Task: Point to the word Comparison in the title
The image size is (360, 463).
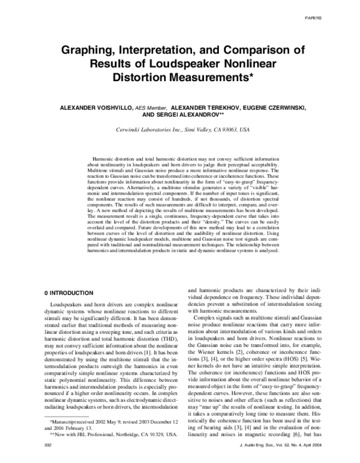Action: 259,50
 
